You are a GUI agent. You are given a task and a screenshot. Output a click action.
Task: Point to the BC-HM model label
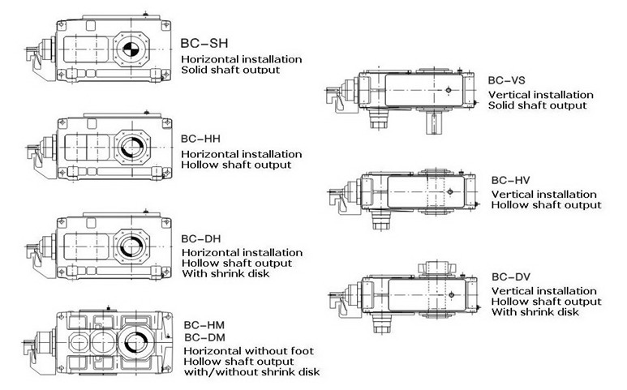[x=200, y=324]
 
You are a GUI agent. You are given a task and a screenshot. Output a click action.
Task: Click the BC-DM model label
[x=200, y=336]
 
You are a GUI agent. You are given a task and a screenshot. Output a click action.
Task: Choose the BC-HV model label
[x=506, y=179]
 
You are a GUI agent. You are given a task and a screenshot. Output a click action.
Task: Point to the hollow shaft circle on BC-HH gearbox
[x=131, y=148]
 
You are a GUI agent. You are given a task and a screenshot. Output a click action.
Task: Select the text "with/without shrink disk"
[x=251, y=372]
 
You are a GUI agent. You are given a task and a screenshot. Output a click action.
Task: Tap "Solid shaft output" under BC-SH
[x=230, y=70]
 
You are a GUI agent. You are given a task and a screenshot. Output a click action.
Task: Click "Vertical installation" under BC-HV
[x=544, y=195]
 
